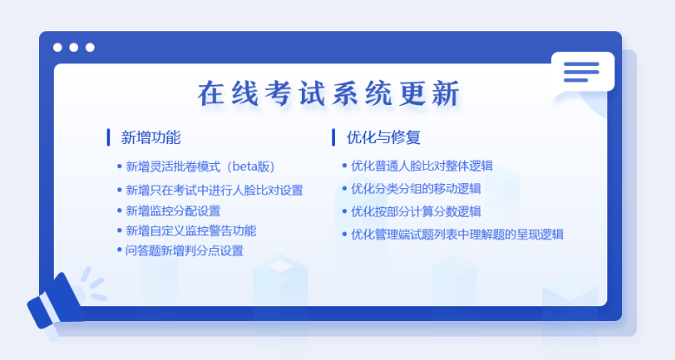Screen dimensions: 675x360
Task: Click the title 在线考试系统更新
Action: [x=329, y=93]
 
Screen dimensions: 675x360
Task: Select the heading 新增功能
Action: [x=151, y=137]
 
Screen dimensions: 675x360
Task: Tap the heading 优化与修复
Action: [x=383, y=137]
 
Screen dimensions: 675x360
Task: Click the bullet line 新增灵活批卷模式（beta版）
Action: [x=200, y=167]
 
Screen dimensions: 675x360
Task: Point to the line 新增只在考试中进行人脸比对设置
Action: [x=214, y=190]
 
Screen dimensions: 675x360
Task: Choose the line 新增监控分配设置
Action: [x=173, y=211]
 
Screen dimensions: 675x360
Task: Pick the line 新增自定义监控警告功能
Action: [x=191, y=231]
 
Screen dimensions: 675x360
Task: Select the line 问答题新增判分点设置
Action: [x=184, y=251]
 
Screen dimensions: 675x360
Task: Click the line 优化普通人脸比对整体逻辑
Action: [x=422, y=166]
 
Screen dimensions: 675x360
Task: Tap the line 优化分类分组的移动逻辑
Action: [x=416, y=188]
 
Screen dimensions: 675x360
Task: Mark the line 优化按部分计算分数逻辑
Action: [x=416, y=212]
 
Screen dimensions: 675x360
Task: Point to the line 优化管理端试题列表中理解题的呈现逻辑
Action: [x=457, y=234]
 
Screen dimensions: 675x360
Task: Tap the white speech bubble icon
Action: [x=583, y=73]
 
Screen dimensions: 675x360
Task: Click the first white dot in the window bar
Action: [x=57, y=48]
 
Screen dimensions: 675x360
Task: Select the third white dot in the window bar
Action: [x=90, y=48]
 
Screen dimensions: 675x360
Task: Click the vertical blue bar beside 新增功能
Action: [x=108, y=137]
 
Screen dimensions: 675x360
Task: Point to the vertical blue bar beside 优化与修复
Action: [x=334, y=137]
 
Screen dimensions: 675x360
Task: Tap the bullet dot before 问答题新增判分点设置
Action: [x=119, y=250]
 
